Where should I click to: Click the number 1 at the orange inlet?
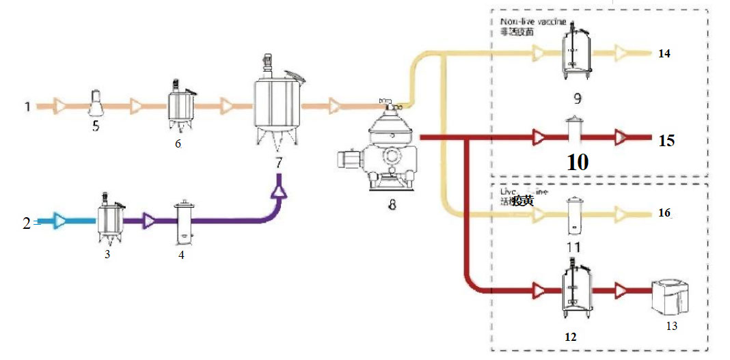[27, 107]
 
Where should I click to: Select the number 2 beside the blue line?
[27, 223]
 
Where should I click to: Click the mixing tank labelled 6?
[180, 106]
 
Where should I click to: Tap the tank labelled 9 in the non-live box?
[577, 51]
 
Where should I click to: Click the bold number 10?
[577, 163]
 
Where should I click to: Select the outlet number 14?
[664, 53]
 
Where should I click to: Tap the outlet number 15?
[666, 141]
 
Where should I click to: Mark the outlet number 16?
[664, 213]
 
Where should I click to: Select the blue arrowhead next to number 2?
[60, 221]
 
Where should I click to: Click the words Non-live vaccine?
[533, 22]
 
